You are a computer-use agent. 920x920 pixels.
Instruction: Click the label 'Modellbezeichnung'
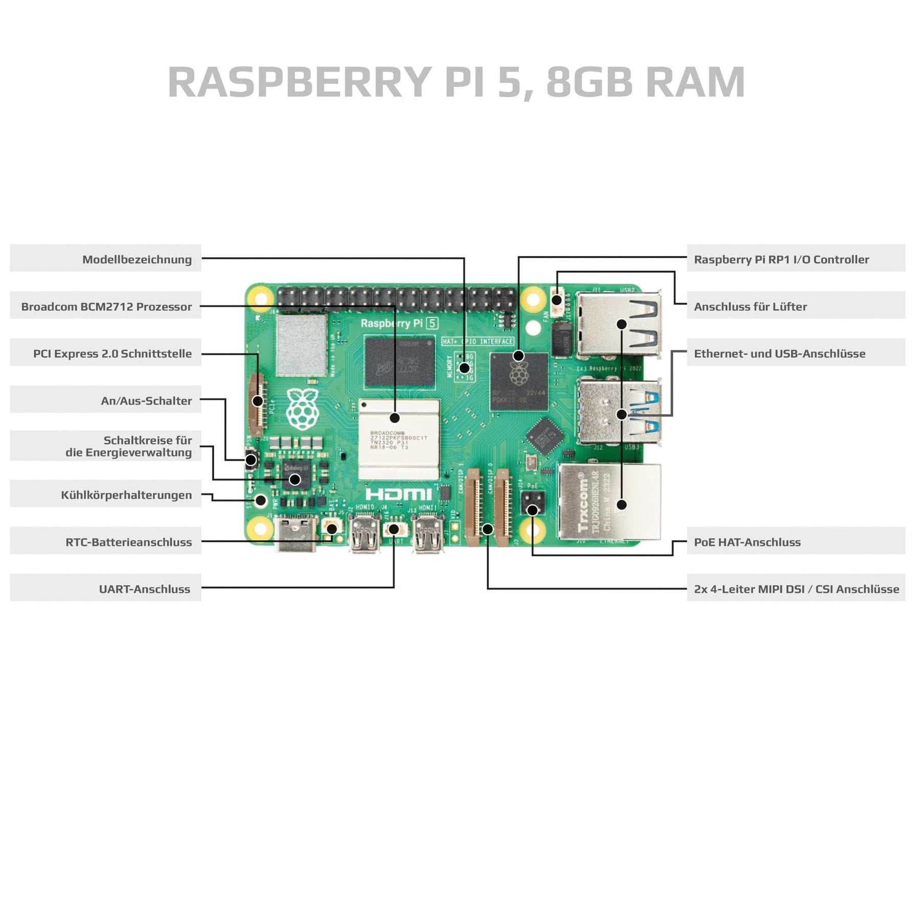pos(137,259)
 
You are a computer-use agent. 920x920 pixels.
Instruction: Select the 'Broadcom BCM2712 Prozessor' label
pos(106,307)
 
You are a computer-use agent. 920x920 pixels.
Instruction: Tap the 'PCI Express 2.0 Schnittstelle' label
pos(112,354)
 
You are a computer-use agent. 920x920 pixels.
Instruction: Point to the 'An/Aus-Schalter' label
pos(146,401)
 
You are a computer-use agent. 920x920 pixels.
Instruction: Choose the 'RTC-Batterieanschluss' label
pos(128,542)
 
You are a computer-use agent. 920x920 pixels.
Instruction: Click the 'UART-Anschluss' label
pos(144,589)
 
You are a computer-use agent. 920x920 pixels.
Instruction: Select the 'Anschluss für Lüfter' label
pos(750,307)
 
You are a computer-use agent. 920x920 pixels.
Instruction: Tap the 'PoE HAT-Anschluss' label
pos(747,542)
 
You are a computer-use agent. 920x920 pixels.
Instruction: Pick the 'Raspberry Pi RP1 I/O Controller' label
pos(781,259)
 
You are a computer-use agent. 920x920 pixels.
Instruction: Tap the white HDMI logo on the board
pos(399,494)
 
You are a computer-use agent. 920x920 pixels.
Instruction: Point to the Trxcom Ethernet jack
pos(610,502)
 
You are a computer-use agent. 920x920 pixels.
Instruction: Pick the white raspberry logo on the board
pos(302,408)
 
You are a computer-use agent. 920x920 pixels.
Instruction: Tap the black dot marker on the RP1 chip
pos(518,356)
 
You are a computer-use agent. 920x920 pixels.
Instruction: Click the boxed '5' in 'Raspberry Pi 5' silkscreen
pos(432,323)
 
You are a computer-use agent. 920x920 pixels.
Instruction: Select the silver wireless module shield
pos(302,345)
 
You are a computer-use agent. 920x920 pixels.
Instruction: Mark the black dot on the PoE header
pos(532,510)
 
